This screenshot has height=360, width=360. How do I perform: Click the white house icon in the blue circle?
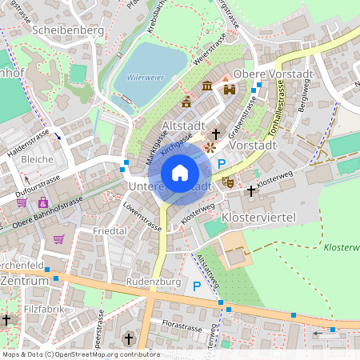(x=180, y=173)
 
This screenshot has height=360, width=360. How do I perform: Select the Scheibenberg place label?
(x=69, y=30)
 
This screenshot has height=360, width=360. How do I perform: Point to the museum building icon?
(x=207, y=86)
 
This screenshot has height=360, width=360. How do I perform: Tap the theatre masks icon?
(x=227, y=182)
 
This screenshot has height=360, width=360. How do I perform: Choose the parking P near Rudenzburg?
(x=196, y=286)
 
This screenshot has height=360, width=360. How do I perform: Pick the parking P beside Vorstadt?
(x=222, y=163)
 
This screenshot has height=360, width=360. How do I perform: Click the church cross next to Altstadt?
(x=216, y=134)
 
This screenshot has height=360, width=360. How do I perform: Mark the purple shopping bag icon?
(x=42, y=202)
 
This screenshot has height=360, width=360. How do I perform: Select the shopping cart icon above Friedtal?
(x=58, y=238)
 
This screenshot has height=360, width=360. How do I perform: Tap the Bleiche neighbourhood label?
(x=38, y=159)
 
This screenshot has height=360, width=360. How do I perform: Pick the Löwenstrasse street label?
(x=142, y=216)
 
